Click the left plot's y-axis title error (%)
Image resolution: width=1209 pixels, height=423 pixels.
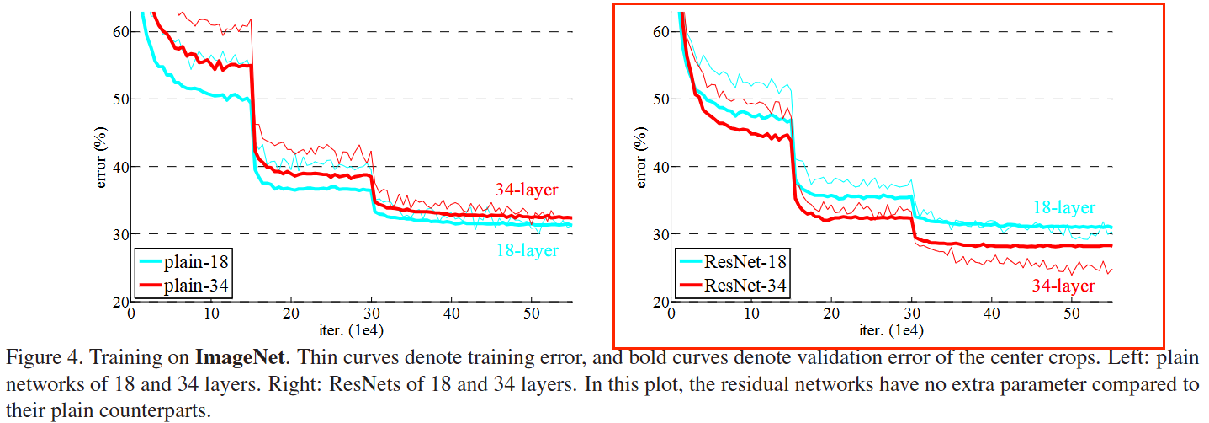click(x=101, y=157)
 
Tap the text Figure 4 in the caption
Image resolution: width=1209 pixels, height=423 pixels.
click(x=38, y=358)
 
